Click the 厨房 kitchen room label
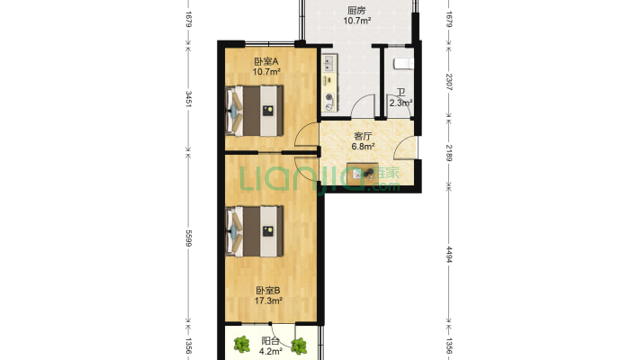point(356,10)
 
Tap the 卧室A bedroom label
point(266,61)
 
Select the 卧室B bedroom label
point(267,291)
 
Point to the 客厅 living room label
point(363,136)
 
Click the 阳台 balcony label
point(270,341)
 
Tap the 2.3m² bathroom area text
point(401,103)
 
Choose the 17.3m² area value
point(268,301)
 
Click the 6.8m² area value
point(363,146)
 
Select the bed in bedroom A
point(255,111)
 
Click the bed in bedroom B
point(255,231)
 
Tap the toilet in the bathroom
point(403,64)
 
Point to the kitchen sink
point(328,63)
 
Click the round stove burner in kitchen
point(328,97)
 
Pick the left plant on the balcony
point(242,345)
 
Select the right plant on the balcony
point(299,346)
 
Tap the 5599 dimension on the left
point(188,238)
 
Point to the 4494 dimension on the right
point(449,255)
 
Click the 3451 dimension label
point(188,99)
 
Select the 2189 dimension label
point(449,153)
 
